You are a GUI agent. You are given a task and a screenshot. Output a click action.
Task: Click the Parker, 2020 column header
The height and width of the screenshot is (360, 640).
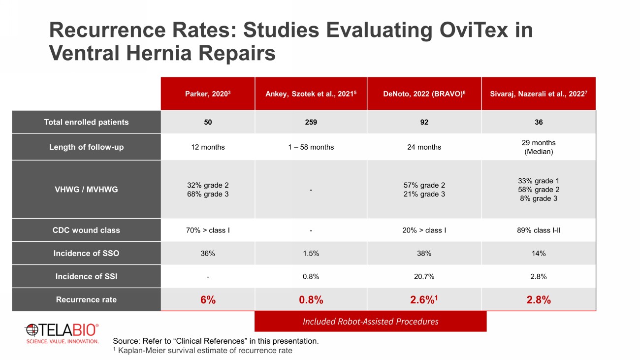[x=208, y=94]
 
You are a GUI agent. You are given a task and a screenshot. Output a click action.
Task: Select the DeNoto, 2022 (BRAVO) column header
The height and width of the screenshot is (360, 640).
[x=424, y=94]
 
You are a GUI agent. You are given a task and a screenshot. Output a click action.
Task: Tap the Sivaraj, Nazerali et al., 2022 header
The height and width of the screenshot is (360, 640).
[x=539, y=94]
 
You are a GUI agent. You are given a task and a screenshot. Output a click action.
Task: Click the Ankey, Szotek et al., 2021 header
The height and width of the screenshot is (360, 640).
[x=311, y=94]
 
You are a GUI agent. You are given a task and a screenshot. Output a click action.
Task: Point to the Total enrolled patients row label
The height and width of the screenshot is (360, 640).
[x=86, y=122]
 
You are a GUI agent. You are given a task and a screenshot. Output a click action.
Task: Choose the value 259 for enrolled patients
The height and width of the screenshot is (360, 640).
[x=311, y=122]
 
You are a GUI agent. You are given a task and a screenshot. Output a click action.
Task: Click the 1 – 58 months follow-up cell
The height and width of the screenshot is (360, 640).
[x=311, y=147]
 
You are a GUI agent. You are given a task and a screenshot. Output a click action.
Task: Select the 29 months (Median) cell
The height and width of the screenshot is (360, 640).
[x=539, y=147]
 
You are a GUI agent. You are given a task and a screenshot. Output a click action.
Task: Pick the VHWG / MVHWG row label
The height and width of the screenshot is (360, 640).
[x=86, y=189]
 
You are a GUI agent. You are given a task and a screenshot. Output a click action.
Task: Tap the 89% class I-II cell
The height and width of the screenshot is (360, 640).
[x=539, y=230]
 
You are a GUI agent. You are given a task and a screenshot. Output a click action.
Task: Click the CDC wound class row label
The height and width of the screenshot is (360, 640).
[x=86, y=230]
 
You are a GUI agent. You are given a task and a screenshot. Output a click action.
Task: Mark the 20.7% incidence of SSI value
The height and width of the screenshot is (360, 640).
[x=424, y=277]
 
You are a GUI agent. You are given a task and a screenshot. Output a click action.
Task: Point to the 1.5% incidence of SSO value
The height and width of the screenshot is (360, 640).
[x=311, y=254]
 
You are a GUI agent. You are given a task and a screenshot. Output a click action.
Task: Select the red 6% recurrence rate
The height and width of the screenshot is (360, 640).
[x=208, y=300]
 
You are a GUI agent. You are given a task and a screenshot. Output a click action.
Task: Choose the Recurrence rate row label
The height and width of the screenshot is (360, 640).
[x=86, y=299]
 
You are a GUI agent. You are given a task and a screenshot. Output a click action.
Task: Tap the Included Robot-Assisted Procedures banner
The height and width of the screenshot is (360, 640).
[x=370, y=322]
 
